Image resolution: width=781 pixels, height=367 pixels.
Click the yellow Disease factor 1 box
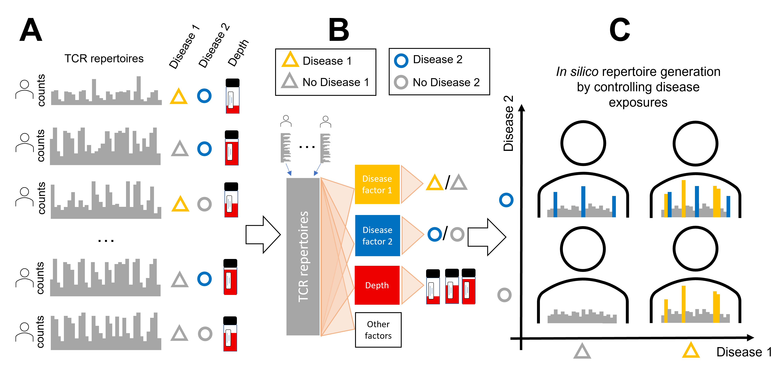[x=377, y=184]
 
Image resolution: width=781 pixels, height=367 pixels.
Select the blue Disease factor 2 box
[x=377, y=235]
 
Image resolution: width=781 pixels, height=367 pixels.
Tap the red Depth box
[x=377, y=285]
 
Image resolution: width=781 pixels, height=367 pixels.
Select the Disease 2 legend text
[x=437, y=59]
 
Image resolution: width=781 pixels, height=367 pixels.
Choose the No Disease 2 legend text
[x=446, y=82]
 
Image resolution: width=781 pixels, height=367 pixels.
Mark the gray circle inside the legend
[x=401, y=82]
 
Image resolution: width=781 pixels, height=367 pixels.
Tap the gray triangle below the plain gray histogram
[x=582, y=351]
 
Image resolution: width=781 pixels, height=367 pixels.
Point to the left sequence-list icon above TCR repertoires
[x=286, y=148]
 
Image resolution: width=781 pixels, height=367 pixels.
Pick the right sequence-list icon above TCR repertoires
[x=326, y=148]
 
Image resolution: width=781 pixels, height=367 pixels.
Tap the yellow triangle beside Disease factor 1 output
[x=434, y=183]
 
